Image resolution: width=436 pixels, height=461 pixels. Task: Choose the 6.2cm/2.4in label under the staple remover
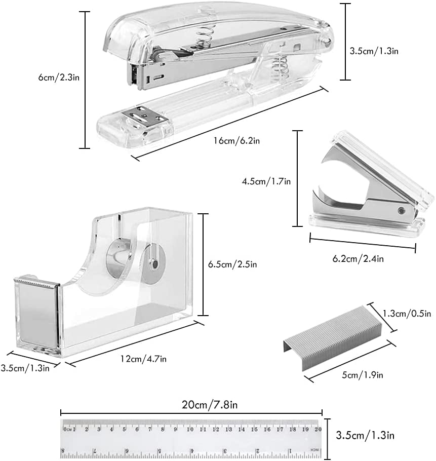pos(358,259)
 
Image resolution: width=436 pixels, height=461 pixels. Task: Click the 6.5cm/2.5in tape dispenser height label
pos(233,264)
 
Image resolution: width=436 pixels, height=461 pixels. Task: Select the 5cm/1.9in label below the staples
pos(363,375)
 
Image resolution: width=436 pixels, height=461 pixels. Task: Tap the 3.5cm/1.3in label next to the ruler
pos(365,435)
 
